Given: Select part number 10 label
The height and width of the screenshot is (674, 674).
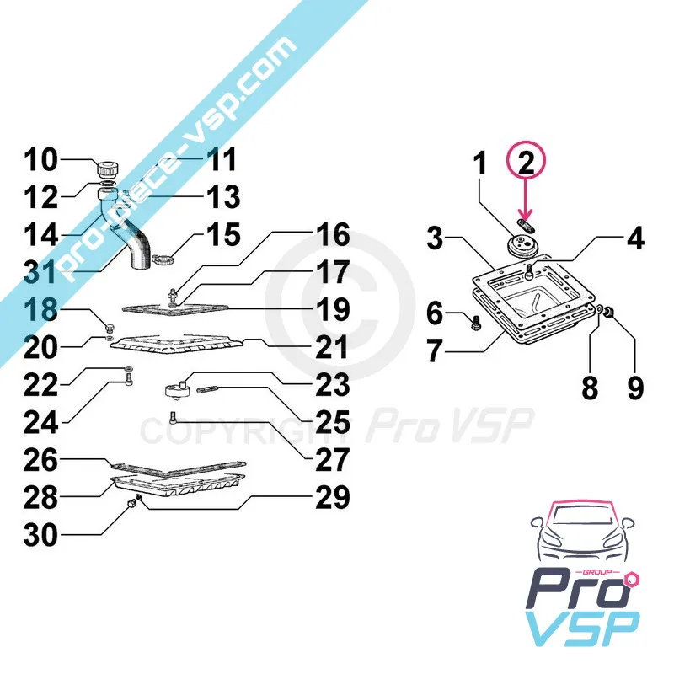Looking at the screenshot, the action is [x=40, y=159].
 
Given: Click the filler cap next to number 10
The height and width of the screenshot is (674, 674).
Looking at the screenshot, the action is [x=108, y=169].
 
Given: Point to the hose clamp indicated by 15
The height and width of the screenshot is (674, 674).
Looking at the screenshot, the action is [x=163, y=260].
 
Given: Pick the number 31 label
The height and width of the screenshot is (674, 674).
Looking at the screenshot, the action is [x=40, y=271].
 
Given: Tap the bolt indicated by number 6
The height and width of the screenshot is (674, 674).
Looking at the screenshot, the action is [x=476, y=323].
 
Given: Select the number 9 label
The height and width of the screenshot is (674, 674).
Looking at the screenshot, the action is [x=635, y=387].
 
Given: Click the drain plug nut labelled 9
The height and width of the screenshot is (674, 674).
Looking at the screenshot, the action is [x=608, y=311].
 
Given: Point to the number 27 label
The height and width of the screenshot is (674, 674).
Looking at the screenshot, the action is [x=332, y=459].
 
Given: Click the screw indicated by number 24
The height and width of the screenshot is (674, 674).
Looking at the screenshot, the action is [x=130, y=379].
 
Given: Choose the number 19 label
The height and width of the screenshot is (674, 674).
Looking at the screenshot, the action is [x=332, y=309].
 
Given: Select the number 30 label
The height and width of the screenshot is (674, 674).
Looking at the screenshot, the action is [x=40, y=535].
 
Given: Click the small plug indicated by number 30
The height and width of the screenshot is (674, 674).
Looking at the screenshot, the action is [x=132, y=502].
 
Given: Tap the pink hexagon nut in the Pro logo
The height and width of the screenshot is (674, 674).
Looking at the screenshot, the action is [x=634, y=580].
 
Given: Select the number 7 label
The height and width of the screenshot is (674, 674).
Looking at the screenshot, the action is [x=434, y=350].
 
